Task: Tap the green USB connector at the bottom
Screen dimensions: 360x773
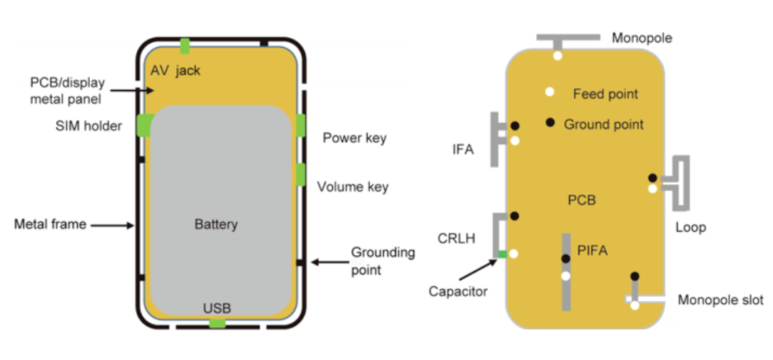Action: click(x=216, y=323)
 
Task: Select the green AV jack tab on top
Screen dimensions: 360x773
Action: click(x=185, y=46)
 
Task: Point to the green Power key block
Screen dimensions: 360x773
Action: click(x=301, y=125)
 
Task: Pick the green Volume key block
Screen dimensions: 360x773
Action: click(x=301, y=174)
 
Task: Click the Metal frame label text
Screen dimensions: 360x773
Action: click(x=50, y=225)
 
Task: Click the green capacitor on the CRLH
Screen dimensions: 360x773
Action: click(x=502, y=254)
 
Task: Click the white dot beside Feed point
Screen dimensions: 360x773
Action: click(x=550, y=92)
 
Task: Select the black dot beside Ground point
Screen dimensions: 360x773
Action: click(x=550, y=122)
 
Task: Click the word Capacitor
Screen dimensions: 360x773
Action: click(x=457, y=291)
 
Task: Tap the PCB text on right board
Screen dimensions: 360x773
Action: click(x=581, y=201)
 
